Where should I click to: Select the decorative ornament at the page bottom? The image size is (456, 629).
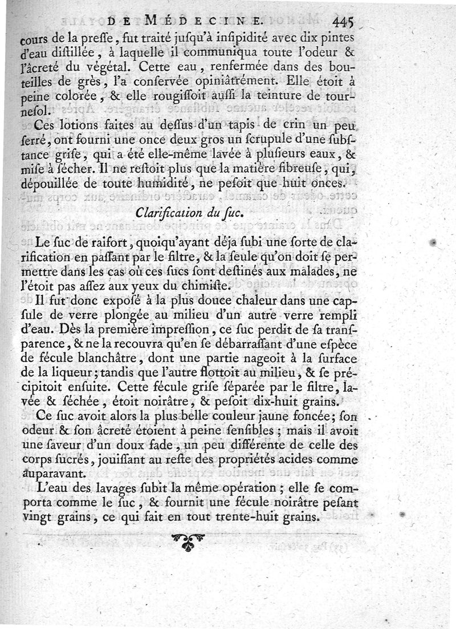pos(188,541)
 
